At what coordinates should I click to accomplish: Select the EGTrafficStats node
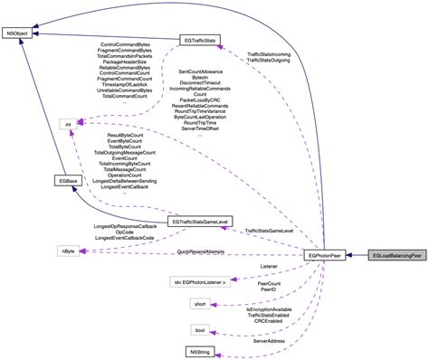197,41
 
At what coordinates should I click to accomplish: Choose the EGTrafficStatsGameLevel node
190,221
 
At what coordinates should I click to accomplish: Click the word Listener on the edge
269,267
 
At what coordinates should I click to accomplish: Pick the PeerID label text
269,289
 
